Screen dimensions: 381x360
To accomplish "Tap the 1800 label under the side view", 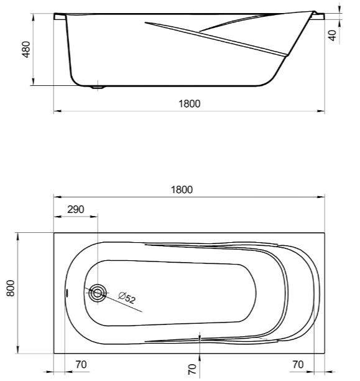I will point(190,104).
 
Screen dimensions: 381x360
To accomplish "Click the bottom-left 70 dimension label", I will point(80,364).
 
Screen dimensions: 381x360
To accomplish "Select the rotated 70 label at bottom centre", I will point(192,370).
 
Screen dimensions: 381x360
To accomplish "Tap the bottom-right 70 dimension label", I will point(298,364).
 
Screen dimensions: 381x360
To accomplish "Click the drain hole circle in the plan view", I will point(97,294).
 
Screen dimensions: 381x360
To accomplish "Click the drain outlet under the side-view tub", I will point(98,87).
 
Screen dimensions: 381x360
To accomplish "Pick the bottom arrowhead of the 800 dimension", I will point(18,352).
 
